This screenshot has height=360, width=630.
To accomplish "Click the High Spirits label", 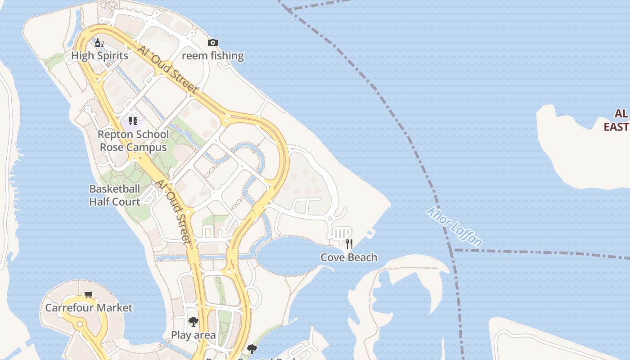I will click(99, 56).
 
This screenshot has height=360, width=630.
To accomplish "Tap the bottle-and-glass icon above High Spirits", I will click(99, 43).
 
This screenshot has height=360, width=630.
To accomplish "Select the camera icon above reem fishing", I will click(213, 43).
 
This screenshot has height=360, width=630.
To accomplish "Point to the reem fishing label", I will click(213, 56).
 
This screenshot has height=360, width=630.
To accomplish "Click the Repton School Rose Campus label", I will click(133, 140).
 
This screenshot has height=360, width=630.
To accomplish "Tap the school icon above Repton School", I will click(133, 121).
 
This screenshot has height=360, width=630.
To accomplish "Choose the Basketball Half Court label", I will click(114, 195).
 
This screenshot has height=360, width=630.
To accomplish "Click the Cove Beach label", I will click(349, 257).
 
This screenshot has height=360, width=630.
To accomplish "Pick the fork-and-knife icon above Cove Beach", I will click(349, 244).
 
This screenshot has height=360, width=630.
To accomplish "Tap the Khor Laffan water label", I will click(454, 227).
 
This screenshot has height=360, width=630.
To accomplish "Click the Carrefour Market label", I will click(89, 308).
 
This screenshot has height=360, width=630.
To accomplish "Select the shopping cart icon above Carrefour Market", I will click(89, 294).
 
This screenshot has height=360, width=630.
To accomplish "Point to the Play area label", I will click(193, 335).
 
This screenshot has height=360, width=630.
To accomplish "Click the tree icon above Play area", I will click(193, 321).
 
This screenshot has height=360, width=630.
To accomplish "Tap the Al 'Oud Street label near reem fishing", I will click(168, 70).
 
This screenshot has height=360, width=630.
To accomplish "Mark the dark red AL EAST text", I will click(617, 120).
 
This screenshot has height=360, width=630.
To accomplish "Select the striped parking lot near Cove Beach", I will click(341, 233).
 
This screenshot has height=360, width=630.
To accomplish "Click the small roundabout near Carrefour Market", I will click(80, 324).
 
